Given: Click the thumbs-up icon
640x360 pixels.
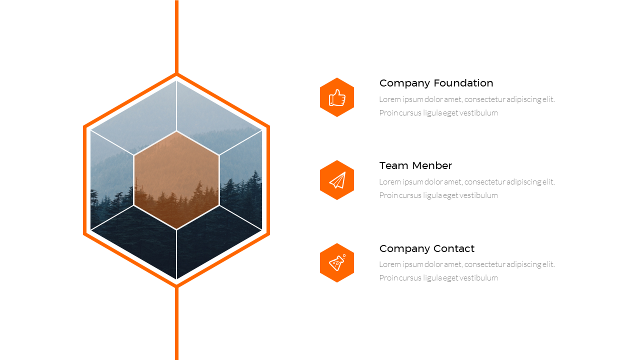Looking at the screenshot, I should [x=337, y=97].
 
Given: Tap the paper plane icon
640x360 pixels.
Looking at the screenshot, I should [x=337, y=180].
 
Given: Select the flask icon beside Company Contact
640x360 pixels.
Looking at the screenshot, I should [x=337, y=262].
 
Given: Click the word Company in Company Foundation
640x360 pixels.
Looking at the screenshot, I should [x=404, y=83].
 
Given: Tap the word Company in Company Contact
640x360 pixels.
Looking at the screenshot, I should [x=404, y=248].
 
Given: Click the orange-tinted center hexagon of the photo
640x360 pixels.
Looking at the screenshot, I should [x=176, y=180].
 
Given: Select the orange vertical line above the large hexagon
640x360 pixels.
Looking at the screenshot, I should [x=176, y=35].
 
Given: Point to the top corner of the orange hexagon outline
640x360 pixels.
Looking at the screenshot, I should [x=176, y=74].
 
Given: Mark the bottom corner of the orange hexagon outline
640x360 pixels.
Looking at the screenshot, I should [x=176, y=285].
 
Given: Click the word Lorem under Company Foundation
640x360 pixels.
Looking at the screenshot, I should [x=390, y=99].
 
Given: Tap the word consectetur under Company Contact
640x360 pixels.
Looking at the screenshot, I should [x=484, y=264].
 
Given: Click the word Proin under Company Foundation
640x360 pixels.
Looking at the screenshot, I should [x=388, y=112].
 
